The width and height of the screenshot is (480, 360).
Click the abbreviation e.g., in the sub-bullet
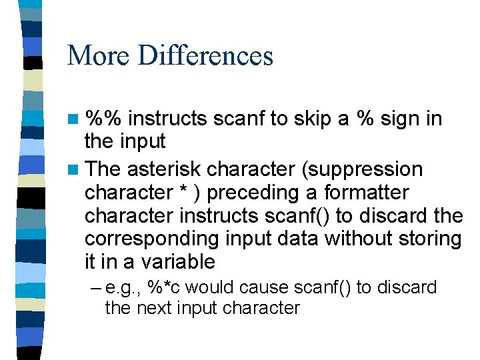tap(124, 288)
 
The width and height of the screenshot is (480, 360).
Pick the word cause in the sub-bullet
tap(273, 288)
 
